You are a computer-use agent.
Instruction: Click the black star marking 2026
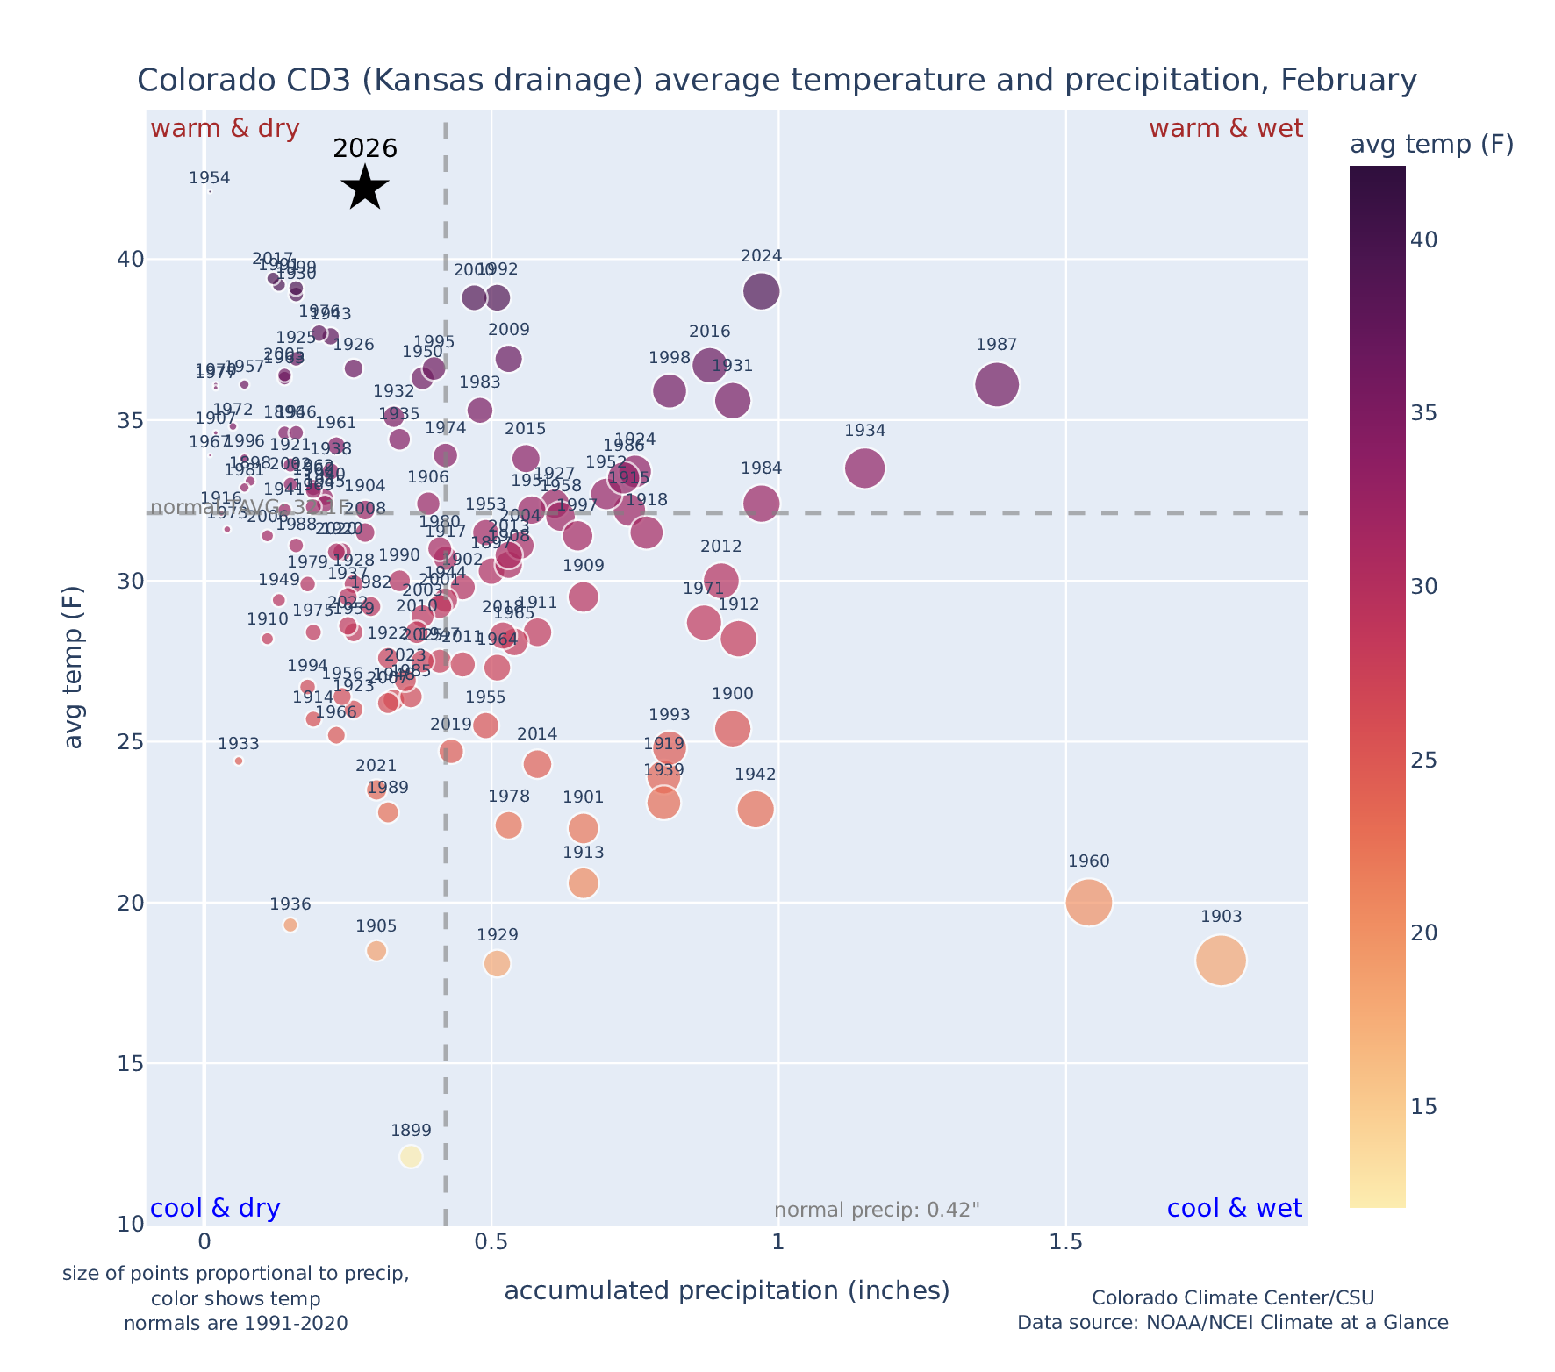(364, 187)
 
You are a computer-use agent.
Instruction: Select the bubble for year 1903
(1221, 961)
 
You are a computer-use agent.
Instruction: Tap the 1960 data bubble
(1089, 903)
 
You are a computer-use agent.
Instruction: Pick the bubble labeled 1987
(997, 384)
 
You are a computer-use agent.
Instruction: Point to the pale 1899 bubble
(411, 1156)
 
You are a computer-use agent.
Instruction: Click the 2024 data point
(762, 291)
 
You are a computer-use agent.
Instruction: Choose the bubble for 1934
(865, 468)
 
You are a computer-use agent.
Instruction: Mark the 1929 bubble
(497, 963)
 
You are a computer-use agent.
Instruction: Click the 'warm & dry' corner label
(226, 129)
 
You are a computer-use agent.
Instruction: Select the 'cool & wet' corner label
(1235, 1209)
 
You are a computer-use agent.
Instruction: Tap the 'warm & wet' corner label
(1226, 129)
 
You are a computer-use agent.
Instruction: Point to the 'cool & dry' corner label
(216, 1209)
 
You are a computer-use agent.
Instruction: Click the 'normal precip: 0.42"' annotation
(877, 1211)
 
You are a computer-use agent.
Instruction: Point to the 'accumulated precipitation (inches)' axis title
(727, 1290)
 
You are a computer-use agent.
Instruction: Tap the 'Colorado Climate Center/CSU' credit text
(1233, 1297)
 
